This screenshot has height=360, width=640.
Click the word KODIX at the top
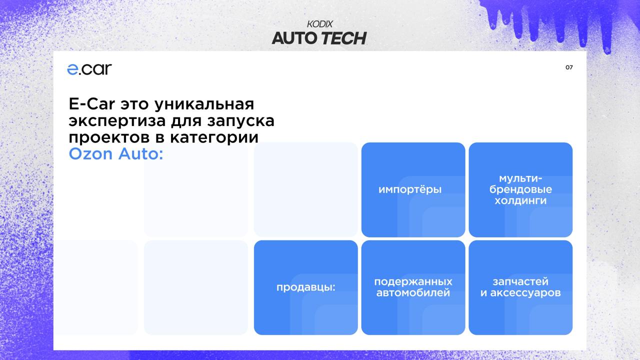click(x=320, y=24)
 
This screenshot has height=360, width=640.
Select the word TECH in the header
click(x=343, y=38)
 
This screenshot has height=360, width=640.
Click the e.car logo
click(x=89, y=69)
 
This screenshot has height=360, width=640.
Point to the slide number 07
click(x=569, y=67)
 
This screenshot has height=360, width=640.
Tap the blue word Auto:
click(x=141, y=154)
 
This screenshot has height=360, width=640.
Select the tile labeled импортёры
click(x=413, y=190)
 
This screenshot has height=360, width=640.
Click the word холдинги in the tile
click(x=520, y=200)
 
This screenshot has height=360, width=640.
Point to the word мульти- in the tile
click(x=520, y=178)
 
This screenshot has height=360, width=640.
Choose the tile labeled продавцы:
click(x=305, y=287)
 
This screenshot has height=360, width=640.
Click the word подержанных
click(x=413, y=281)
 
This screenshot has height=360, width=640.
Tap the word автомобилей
click(x=413, y=293)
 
